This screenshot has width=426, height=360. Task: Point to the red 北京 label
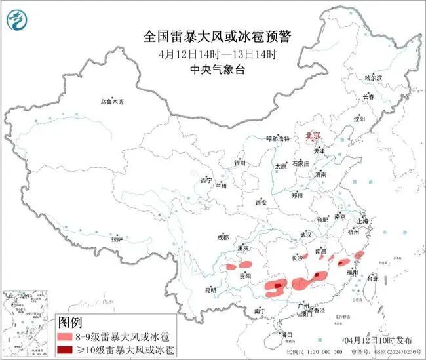coord(313,136)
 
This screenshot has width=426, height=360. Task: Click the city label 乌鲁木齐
coord(111,102)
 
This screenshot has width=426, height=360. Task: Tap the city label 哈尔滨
coord(373,77)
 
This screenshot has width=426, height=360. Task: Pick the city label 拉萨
coord(117,239)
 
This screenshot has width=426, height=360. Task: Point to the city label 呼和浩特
coord(276,139)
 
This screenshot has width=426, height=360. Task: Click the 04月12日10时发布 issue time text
coord(378,341)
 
